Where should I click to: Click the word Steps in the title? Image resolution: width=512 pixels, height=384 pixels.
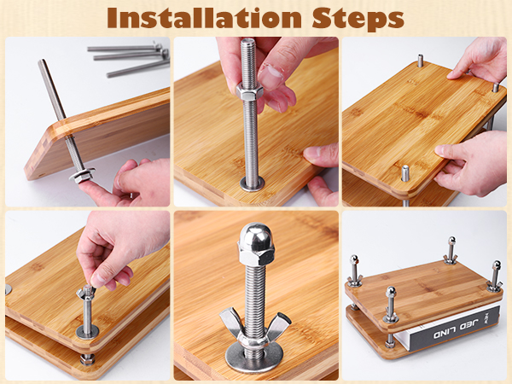coord(358,19)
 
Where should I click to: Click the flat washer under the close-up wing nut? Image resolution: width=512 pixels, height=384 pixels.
coord(253,358)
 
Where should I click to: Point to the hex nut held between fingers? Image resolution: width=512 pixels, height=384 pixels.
coord(250,91)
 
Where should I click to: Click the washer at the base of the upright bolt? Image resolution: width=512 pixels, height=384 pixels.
coord(252,183)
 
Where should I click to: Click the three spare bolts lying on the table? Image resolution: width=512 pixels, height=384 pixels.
coord(129,60)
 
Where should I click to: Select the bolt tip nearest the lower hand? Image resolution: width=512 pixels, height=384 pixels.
coord(405,173)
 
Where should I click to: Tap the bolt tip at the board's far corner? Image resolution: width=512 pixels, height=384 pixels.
coord(421,61)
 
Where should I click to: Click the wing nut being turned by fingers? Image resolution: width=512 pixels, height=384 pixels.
coord(86,292)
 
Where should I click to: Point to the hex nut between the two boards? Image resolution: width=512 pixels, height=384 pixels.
coord(88,359)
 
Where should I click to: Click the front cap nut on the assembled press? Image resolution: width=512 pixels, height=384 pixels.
coord(391,292)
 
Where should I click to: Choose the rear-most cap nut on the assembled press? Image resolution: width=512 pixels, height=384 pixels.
coord(452,241)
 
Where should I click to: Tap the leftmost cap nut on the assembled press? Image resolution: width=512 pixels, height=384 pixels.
coord(354,260)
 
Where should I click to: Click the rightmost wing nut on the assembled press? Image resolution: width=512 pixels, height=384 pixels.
coord(494,288)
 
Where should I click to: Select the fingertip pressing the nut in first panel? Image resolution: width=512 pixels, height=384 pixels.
coord(85,188)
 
